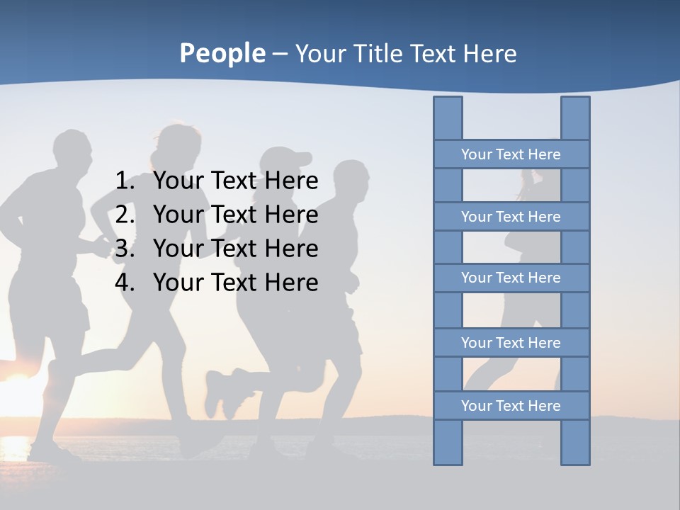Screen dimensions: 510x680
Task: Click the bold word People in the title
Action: (x=222, y=54)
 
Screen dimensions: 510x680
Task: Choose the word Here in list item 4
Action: (x=291, y=283)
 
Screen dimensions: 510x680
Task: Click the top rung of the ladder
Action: (x=511, y=154)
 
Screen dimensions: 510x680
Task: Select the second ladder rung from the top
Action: (x=511, y=217)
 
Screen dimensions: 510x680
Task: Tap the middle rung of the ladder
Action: (x=511, y=278)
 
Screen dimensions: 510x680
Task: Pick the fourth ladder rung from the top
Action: (x=511, y=343)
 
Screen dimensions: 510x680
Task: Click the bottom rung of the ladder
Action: (x=511, y=406)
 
